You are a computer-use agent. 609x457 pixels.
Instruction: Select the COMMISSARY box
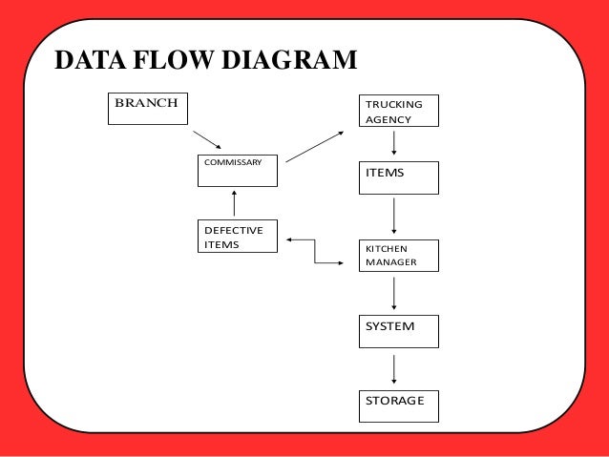(237, 170)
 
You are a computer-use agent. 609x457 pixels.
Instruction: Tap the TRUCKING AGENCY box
(398, 111)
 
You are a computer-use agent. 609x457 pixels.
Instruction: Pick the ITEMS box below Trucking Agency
(398, 177)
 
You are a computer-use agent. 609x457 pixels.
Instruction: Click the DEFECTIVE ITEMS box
(237, 237)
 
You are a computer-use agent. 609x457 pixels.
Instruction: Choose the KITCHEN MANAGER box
(398, 255)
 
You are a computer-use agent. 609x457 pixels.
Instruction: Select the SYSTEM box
(398, 330)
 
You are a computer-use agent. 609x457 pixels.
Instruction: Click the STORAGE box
(398, 405)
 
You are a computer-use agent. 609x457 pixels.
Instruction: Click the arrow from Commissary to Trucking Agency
(315, 147)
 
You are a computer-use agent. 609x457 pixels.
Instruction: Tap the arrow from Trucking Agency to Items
(394, 144)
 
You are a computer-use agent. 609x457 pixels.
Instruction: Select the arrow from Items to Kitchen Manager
(394, 217)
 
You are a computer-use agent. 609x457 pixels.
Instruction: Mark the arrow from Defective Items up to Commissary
(234, 203)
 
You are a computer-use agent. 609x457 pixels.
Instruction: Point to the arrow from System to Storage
(394, 368)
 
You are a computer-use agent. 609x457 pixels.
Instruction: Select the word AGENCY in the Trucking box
(388, 119)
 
